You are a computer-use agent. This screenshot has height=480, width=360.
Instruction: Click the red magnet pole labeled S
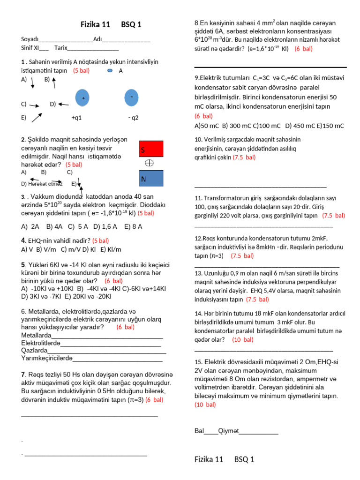tap(151, 149)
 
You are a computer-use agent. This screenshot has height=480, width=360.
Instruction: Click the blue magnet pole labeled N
tap(151, 178)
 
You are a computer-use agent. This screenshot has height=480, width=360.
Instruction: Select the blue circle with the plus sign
tap(83, 98)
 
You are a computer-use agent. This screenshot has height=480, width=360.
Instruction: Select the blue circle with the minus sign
tap(132, 97)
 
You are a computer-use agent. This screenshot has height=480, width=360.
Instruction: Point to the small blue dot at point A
tap(110, 71)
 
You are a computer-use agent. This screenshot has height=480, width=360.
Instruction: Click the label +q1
tap(76, 118)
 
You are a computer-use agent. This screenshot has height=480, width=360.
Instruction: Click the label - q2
tap(134, 118)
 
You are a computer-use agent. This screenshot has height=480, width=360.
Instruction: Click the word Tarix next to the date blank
tap(61, 48)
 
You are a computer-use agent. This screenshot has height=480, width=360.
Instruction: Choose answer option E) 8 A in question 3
tap(133, 226)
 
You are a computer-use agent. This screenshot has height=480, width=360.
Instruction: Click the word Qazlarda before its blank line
tap(34, 350)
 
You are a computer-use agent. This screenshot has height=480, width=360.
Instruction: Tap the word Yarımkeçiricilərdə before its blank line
tap(47, 358)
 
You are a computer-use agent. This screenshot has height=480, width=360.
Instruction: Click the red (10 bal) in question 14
tap(242, 339)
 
